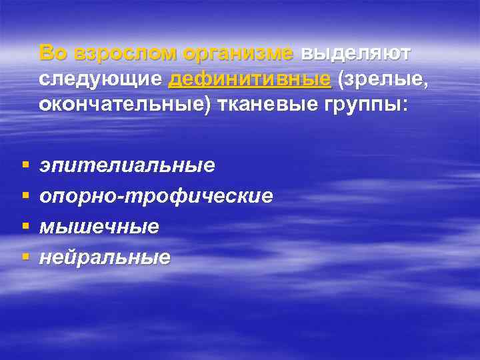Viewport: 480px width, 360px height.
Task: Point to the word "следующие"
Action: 101,79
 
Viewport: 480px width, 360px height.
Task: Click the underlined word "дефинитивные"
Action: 250,79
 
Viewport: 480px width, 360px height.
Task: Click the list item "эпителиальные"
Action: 127,165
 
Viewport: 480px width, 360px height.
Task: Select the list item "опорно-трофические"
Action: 156,196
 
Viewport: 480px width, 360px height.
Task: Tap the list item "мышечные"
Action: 99,227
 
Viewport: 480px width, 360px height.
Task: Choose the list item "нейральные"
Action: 105,257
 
